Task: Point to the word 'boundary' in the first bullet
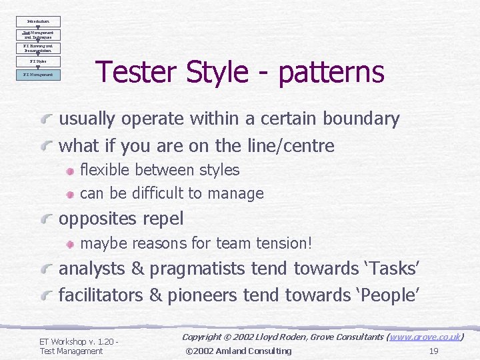click(361, 119)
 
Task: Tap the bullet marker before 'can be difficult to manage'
click(71, 194)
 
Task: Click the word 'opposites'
click(99, 219)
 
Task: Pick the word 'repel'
click(164, 219)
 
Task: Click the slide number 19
click(433, 351)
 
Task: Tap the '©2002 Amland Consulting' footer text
click(238, 351)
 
